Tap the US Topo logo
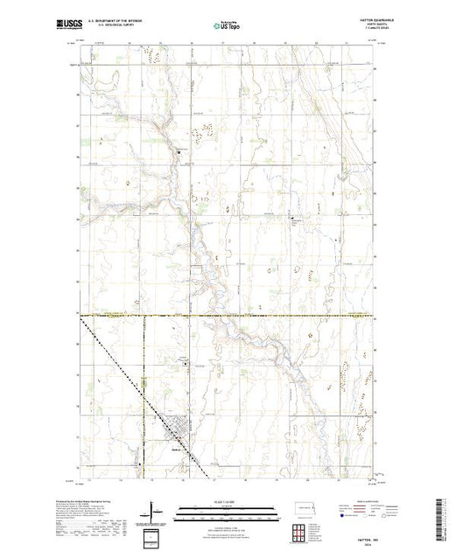tap(228, 26)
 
